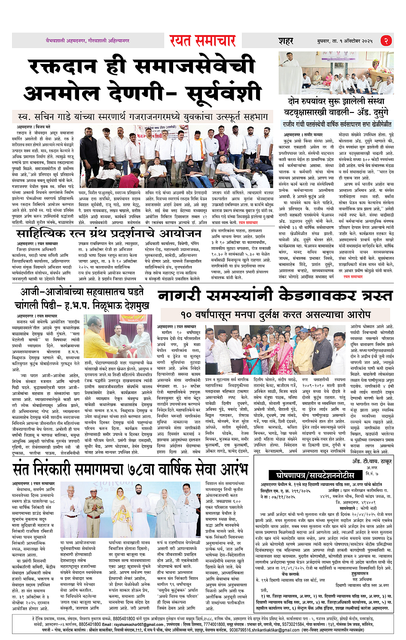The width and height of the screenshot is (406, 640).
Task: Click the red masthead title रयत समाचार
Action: point(202,40)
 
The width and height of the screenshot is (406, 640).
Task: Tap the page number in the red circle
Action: point(387,41)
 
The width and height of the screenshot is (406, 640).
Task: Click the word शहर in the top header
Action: point(285,41)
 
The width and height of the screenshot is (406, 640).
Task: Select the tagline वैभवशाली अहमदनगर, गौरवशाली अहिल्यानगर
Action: point(88,40)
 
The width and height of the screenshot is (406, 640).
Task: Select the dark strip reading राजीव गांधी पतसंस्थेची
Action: point(336,124)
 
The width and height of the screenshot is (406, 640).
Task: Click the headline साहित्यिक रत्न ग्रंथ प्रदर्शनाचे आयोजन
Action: point(108,233)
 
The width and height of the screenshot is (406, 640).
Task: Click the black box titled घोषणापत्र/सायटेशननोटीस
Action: point(312,475)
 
